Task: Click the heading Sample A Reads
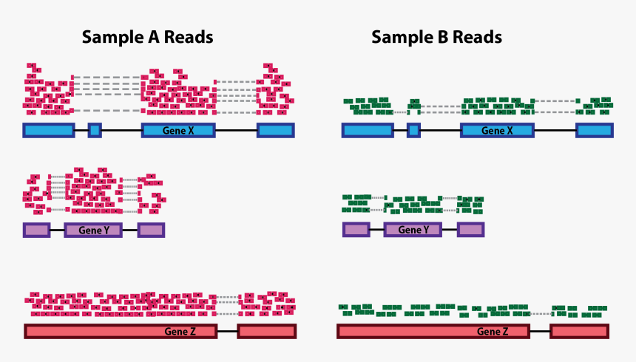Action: [147, 37]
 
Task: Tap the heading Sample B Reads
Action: [436, 37]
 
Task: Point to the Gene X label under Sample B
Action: [497, 131]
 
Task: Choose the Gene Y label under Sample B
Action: [413, 230]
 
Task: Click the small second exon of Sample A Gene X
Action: [95, 131]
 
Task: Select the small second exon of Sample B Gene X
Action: [413, 131]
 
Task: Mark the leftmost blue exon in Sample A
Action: [48, 131]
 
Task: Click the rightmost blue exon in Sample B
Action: [595, 131]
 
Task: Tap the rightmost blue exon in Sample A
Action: [276, 131]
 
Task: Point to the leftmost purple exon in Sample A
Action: [36, 230]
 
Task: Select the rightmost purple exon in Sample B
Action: [470, 230]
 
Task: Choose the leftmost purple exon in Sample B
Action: [356, 230]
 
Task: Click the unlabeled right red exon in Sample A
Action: [266, 331]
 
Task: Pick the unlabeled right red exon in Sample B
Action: [579, 331]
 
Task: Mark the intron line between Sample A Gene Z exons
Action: [227, 331]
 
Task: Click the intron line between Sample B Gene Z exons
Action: [540, 331]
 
